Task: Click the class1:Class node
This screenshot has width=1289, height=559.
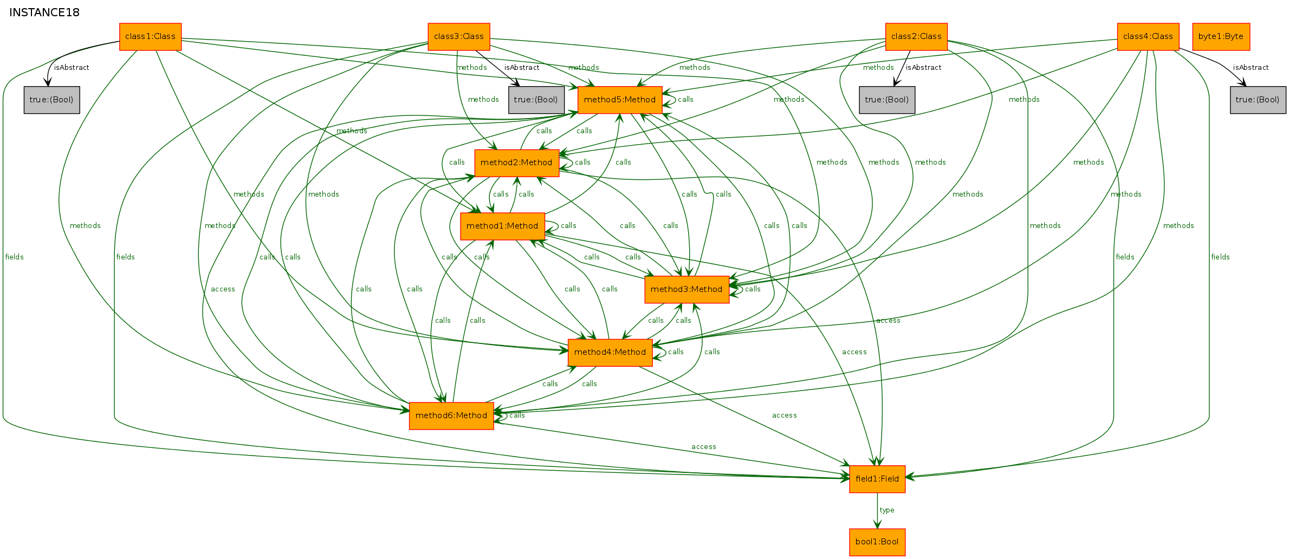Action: click(x=150, y=37)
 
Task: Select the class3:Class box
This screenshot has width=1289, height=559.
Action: click(x=459, y=37)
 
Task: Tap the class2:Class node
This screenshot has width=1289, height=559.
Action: click(x=916, y=37)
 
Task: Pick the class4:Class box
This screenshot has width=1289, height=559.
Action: click(x=1148, y=37)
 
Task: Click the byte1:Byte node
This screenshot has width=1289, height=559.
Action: click(x=1221, y=37)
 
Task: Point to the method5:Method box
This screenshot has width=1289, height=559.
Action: click(x=620, y=100)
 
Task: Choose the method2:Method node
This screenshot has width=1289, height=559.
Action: click(x=517, y=163)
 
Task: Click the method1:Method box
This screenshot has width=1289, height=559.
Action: click(x=502, y=226)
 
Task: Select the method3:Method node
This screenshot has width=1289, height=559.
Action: click(x=686, y=290)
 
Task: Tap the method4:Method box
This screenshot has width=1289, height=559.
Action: click(x=610, y=353)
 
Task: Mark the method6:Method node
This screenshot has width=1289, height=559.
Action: click(x=451, y=416)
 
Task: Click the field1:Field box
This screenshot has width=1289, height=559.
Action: click(x=877, y=479)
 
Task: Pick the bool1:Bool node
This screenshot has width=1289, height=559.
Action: click(x=877, y=542)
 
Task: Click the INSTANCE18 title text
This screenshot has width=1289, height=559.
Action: click(x=44, y=12)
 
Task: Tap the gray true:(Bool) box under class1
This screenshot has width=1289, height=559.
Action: click(x=52, y=100)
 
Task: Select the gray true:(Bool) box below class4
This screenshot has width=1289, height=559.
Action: click(x=1258, y=100)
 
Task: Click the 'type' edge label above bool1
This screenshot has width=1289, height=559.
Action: click(x=887, y=510)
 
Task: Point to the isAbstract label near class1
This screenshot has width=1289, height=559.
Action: click(x=72, y=68)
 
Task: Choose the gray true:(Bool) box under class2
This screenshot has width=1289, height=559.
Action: click(x=887, y=100)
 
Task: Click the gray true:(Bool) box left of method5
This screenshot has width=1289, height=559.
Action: click(x=536, y=100)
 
